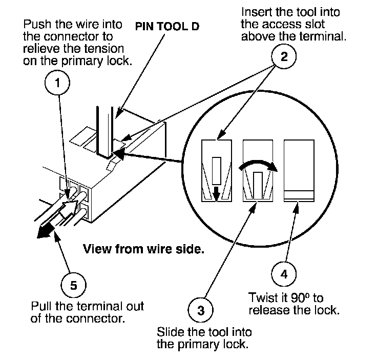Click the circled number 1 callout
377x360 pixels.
point(57,83)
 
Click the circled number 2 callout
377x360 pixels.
point(284,56)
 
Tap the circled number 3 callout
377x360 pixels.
point(200,310)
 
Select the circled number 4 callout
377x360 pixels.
point(284,274)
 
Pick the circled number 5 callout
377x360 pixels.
point(74,285)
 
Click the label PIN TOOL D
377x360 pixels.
point(167,27)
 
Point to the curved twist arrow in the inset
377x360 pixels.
point(258,165)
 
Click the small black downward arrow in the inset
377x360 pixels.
point(216,193)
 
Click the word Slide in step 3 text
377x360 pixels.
point(171,332)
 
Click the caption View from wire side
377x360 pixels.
point(143,249)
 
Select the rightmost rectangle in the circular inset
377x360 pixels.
point(299,170)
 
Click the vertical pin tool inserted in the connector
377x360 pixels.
point(105,132)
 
